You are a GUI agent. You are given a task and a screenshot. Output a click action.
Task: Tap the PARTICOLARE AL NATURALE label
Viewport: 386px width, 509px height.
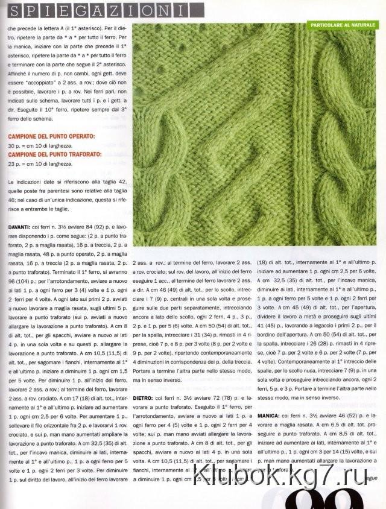coord(343,26)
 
